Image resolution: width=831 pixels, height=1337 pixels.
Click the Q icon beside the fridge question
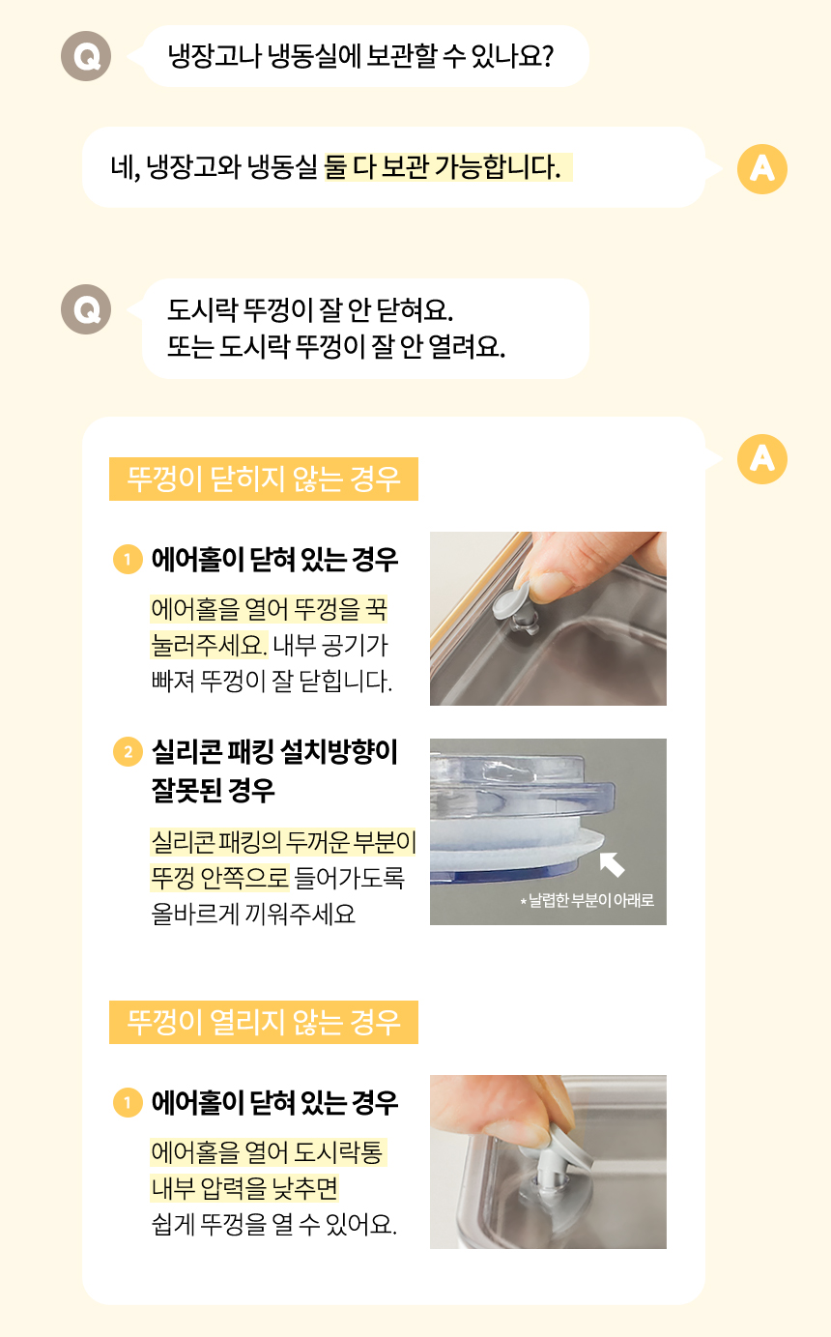(86, 56)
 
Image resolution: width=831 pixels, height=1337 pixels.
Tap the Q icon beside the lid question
(86, 309)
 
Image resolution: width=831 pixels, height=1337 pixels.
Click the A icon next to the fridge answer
(761, 169)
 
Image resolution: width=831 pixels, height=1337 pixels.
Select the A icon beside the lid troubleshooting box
(761, 458)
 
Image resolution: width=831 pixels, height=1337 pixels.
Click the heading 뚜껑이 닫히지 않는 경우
(263, 479)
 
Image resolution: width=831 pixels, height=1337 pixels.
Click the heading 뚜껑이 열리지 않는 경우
(263, 1022)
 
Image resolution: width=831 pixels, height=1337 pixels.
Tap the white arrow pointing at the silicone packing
(612, 864)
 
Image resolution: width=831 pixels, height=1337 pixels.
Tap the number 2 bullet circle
(128, 751)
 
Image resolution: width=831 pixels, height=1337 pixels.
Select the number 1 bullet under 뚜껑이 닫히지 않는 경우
(128, 560)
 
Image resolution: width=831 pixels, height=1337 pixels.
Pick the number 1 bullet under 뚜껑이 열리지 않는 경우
(128, 1102)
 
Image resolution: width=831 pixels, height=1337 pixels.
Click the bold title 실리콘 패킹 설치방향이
(274, 751)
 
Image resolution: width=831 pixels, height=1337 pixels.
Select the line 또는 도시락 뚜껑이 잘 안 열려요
(336, 346)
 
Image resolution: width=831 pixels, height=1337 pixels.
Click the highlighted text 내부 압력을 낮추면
(244, 1188)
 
